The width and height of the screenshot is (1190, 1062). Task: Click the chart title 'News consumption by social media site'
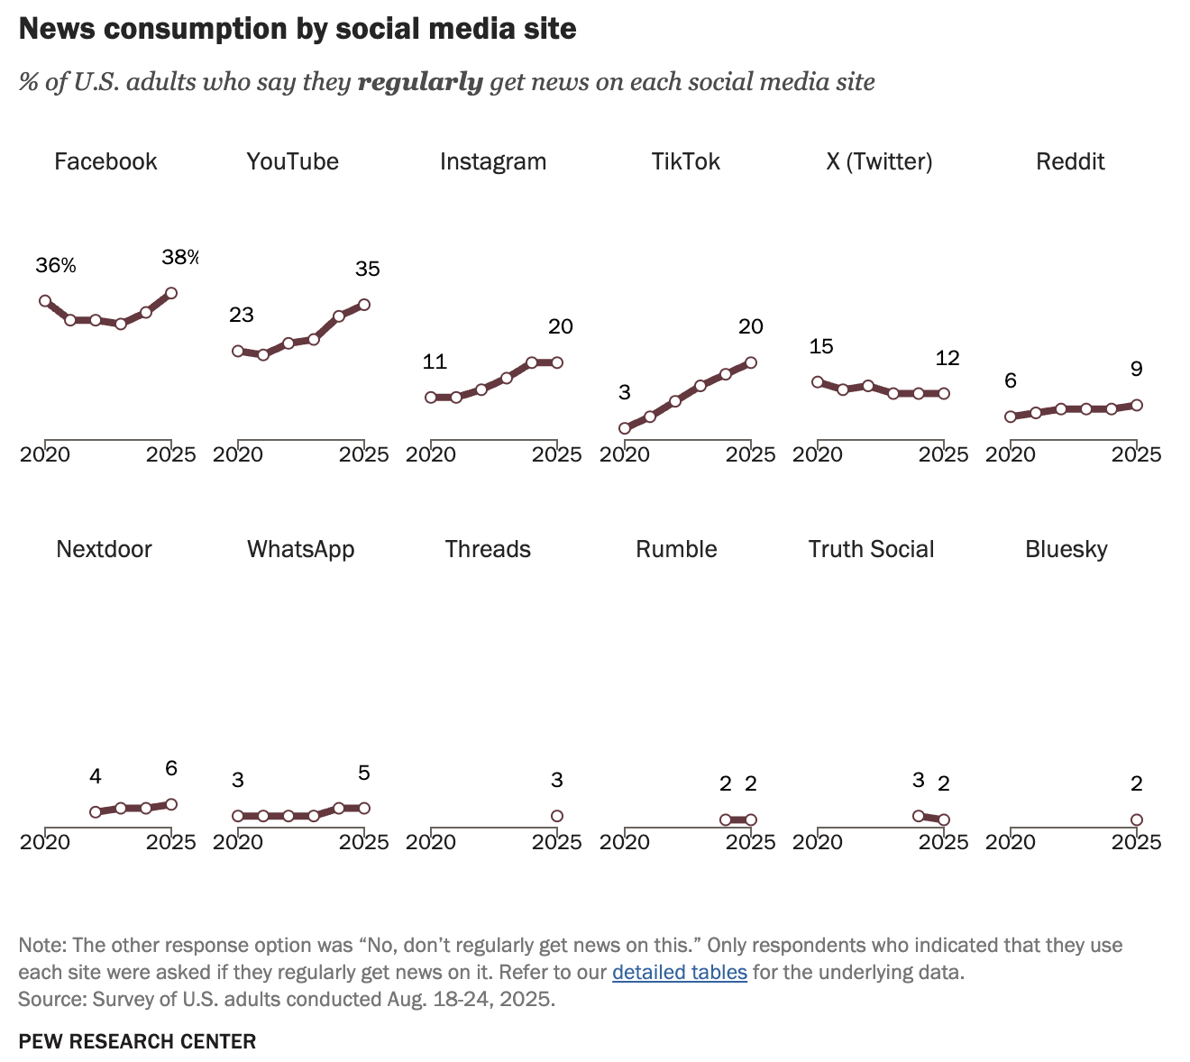(297, 29)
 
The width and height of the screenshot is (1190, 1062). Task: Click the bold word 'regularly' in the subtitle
(420, 82)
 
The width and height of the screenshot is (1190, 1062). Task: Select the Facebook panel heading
(105, 161)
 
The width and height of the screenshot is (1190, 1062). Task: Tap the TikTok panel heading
(685, 161)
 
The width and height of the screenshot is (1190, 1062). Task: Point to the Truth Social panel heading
(871, 549)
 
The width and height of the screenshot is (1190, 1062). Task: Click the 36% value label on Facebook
(56, 265)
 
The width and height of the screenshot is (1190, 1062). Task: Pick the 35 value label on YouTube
(368, 269)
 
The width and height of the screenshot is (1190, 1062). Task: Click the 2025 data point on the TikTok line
(751, 363)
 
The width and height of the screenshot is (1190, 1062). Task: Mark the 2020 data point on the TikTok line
(625, 428)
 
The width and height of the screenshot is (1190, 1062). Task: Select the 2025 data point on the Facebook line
(171, 293)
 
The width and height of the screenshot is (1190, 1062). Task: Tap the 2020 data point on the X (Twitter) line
(818, 382)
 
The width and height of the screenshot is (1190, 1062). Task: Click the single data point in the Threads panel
(557, 816)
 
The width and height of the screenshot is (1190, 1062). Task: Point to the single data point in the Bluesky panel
(1137, 820)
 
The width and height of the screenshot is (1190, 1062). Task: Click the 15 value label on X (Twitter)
(821, 346)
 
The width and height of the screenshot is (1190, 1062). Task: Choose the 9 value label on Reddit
(1137, 369)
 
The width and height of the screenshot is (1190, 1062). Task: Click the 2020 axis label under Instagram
(431, 454)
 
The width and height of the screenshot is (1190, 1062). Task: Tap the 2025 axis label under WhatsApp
(363, 842)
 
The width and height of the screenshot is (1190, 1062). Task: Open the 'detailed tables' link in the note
(680, 972)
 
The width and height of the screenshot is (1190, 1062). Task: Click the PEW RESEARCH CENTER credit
(137, 1041)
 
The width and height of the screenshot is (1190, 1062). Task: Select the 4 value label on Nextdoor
(96, 776)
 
